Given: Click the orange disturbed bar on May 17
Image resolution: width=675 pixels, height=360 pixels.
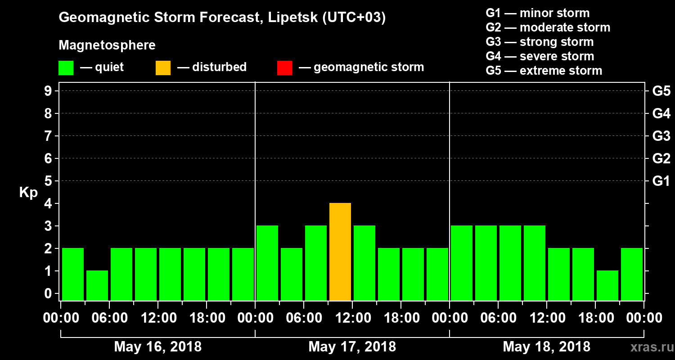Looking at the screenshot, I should (x=340, y=252).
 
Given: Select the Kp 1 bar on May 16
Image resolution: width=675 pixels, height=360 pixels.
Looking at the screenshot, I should (x=97, y=285).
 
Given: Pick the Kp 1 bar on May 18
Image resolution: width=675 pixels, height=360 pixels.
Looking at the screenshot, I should (x=607, y=285).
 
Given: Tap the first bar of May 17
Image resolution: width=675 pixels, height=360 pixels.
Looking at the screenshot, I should (x=267, y=263).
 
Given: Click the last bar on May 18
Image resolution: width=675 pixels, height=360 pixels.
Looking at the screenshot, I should (x=632, y=274).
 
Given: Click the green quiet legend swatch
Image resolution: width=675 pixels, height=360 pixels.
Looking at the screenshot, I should (x=66, y=67).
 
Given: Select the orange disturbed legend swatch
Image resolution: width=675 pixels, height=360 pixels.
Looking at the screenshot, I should (x=163, y=67).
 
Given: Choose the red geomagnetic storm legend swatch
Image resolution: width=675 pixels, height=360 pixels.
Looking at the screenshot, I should (x=285, y=67).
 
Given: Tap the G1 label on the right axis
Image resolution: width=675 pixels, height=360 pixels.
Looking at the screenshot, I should (x=661, y=181).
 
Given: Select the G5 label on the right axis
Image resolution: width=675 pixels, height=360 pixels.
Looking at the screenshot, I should (x=661, y=91).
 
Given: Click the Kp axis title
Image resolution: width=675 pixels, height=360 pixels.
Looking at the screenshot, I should (x=28, y=193).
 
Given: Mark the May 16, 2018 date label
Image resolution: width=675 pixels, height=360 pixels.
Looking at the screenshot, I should (x=158, y=346).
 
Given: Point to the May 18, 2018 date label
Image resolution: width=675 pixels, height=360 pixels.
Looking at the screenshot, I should (x=546, y=346).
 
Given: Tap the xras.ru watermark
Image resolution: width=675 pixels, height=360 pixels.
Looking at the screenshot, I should (x=648, y=347).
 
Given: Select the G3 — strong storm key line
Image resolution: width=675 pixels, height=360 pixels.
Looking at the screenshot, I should (x=540, y=42).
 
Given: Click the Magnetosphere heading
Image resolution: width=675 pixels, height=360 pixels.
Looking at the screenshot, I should (x=107, y=45).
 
